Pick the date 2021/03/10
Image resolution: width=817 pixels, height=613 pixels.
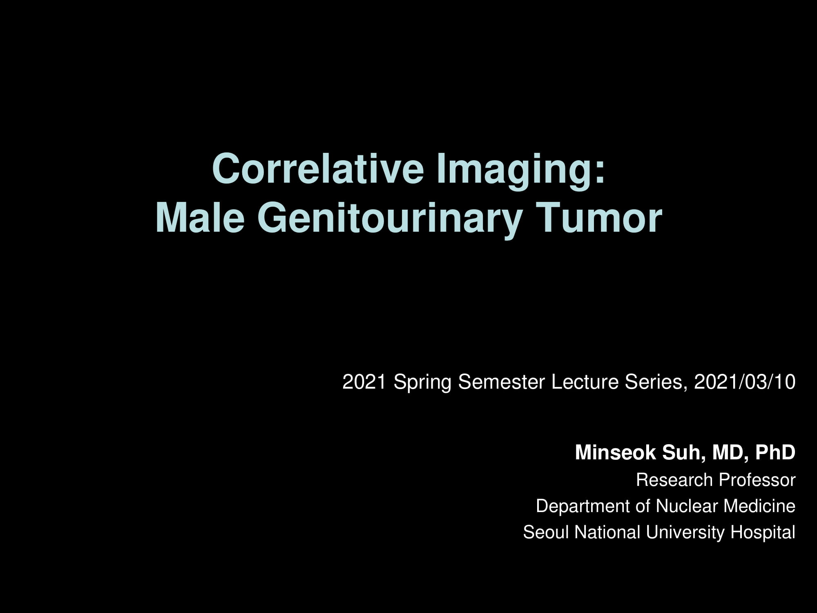745,382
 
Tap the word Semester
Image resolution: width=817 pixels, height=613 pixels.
502,382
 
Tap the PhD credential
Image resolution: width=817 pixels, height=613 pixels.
775,452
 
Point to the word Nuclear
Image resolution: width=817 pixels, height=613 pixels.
687,506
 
